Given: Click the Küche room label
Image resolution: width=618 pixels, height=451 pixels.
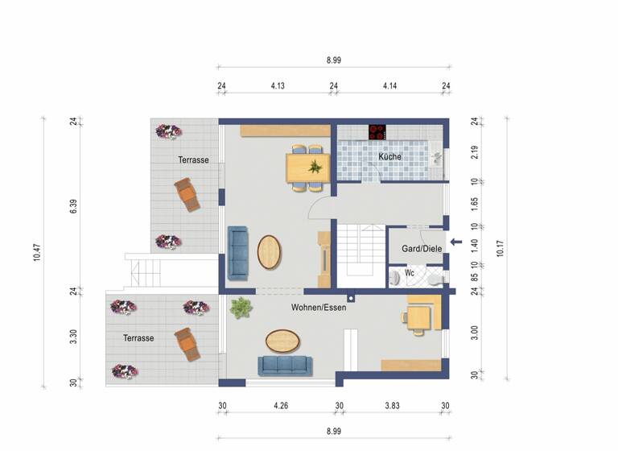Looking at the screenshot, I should point(390,156).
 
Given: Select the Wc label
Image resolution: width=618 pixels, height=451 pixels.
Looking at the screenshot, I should point(409,273).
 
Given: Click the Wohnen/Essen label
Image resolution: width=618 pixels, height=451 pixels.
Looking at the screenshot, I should point(319,307).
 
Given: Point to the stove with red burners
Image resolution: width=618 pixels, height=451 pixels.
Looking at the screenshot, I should point(377,131).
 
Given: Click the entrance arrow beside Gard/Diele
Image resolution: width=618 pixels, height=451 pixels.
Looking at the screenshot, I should point(455,242).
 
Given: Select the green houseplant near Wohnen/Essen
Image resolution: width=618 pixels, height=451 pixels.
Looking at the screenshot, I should point(241,307).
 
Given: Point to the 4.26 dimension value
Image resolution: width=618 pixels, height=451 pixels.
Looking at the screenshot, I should point(280,406).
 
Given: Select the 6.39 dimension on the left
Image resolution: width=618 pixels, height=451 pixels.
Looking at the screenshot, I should point(73,205).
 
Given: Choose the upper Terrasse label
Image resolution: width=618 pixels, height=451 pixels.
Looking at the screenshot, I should point(193,160).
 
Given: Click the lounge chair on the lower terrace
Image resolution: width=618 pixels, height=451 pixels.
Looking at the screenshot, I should point(187,344).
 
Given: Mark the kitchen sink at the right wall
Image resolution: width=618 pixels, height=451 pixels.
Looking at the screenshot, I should point(435,156).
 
